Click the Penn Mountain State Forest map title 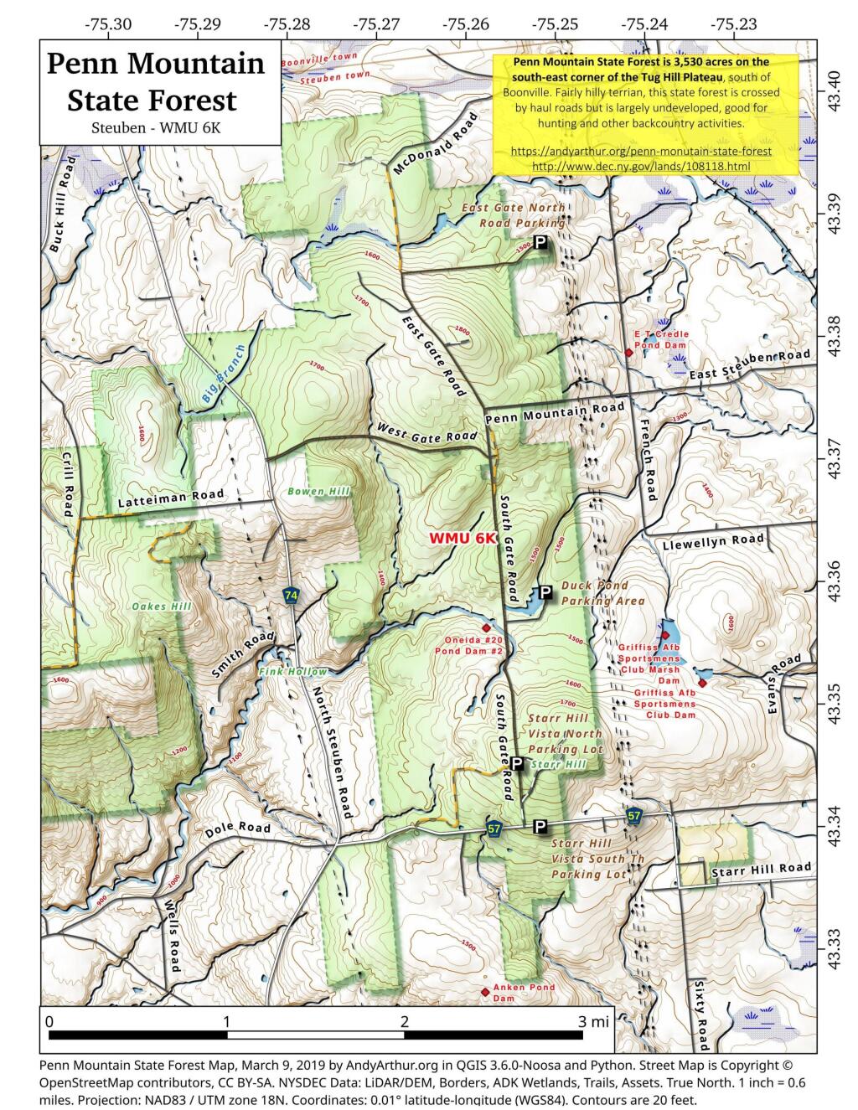[x=155, y=81]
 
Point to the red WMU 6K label [x=463, y=538]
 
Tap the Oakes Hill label [x=162, y=606]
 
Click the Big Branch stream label [x=224, y=375]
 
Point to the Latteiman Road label [x=171, y=498]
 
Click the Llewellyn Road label [x=713, y=542]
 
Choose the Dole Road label [x=238, y=830]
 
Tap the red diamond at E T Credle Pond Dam [x=628, y=353]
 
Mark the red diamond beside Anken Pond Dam [x=485, y=993]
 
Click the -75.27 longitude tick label [x=376, y=24]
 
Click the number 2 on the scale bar [x=405, y=1021]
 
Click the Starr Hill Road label [x=761, y=870]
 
